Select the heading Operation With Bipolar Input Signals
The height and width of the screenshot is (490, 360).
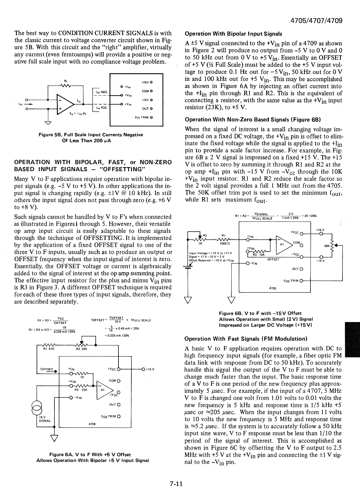pos(233,34)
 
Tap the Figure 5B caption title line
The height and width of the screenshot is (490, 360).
pos(91,135)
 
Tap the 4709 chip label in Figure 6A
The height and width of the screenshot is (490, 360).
pos(92,424)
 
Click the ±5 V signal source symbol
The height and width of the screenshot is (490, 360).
pos(37,408)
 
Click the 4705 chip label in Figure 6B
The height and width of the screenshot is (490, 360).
pos(272,288)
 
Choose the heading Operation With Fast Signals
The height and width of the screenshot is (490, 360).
pos(246,339)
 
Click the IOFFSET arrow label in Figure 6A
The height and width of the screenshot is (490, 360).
pos(47,369)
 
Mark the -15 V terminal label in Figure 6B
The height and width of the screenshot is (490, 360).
pos(320,262)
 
